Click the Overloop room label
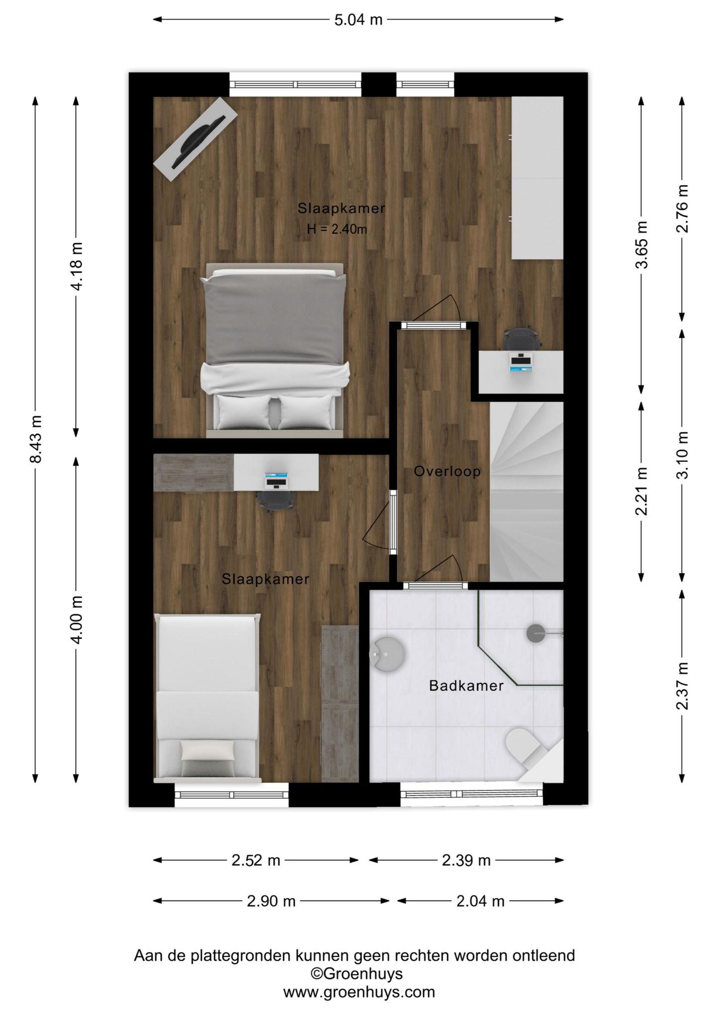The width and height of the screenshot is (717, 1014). click(x=447, y=471)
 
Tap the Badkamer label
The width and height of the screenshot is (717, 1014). click(x=466, y=686)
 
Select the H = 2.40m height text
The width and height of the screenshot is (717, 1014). click(x=337, y=229)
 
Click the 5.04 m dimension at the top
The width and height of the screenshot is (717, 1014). click(x=358, y=20)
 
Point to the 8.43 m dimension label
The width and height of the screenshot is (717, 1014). click(x=36, y=439)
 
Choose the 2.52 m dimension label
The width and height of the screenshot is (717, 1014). click(x=256, y=860)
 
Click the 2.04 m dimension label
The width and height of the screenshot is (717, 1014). click(x=480, y=901)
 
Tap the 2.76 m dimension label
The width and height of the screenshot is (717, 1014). click(x=682, y=209)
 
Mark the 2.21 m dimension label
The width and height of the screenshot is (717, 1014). click(x=642, y=491)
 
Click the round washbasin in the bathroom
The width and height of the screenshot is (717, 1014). click(x=387, y=654)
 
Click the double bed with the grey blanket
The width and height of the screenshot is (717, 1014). click(x=275, y=350)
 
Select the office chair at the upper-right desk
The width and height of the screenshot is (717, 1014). click(x=521, y=339)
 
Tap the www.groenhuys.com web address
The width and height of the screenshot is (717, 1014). click(x=359, y=992)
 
